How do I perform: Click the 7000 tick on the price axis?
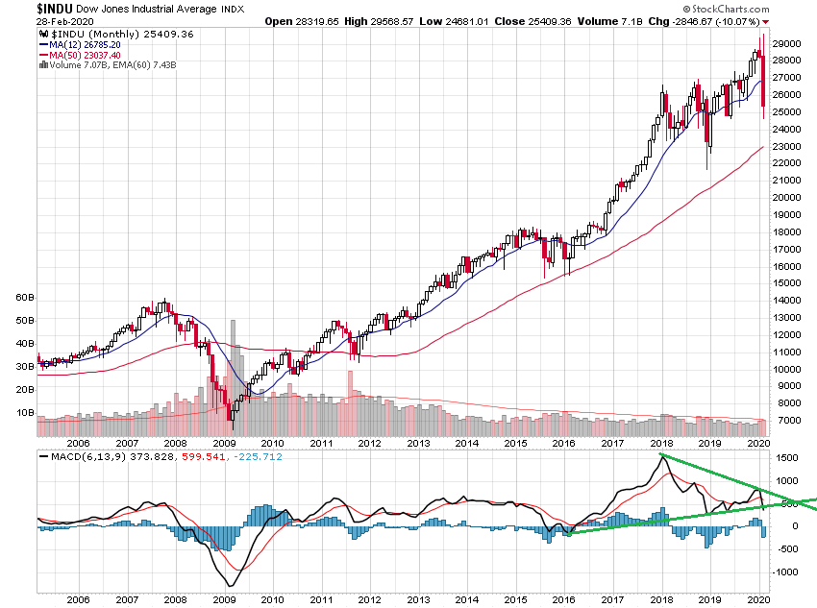[x=785, y=421]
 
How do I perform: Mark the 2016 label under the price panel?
[x=563, y=443]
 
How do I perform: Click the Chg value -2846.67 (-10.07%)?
[x=714, y=21]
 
